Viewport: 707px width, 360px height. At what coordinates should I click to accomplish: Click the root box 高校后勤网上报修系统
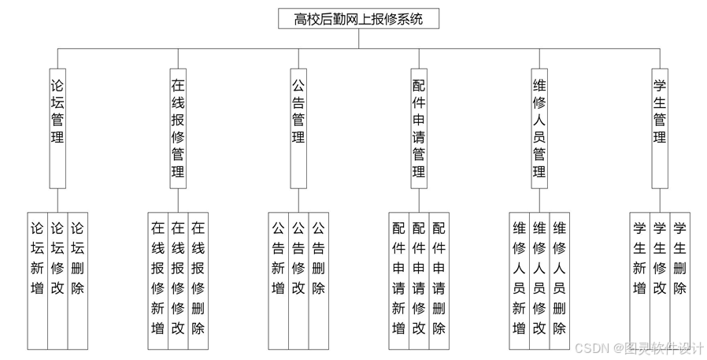pyautogui.click(x=358, y=19)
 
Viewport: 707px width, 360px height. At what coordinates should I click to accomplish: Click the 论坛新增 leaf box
pyautogui.click(x=37, y=280)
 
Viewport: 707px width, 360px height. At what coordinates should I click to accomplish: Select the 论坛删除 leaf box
pyautogui.click(x=77, y=280)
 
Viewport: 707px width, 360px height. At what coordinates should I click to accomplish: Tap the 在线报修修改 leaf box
pyautogui.click(x=178, y=280)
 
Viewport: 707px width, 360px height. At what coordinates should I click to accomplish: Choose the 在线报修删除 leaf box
pyautogui.click(x=198, y=280)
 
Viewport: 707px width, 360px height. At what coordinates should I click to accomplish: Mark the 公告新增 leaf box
pyautogui.click(x=278, y=280)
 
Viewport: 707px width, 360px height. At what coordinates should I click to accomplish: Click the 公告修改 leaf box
pyautogui.click(x=298, y=280)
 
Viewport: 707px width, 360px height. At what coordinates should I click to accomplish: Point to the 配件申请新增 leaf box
pyautogui.click(x=399, y=280)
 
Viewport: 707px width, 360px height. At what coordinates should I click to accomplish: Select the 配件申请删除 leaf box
pyautogui.click(x=439, y=280)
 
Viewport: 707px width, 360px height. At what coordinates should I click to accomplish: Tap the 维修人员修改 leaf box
pyautogui.click(x=539, y=280)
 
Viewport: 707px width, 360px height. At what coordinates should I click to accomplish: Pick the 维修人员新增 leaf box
pyautogui.click(x=520, y=280)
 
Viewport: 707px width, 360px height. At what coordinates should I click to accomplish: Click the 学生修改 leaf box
pyautogui.click(x=660, y=280)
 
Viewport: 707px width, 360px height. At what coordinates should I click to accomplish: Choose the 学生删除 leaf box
pyautogui.click(x=680, y=280)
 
